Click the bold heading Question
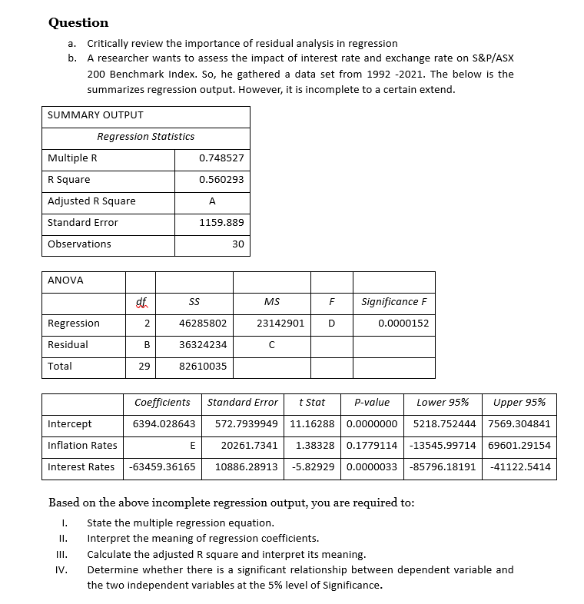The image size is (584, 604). [x=78, y=22]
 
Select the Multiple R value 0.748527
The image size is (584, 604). [x=221, y=158]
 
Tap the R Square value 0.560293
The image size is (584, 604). [x=221, y=180]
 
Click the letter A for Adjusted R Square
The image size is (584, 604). [x=212, y=201]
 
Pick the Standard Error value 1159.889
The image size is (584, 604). [x=221, y=223]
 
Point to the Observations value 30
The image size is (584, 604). [x=237, y=244]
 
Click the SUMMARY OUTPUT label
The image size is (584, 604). [x=95, y=115]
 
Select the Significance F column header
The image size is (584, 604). [x=393, y=302]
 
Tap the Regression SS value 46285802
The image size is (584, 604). [x=203, y=324]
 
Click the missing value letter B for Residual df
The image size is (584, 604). [x=146, y=345]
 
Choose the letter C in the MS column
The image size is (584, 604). [x=272, y=345]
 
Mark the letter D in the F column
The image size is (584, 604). [x=331, y=324]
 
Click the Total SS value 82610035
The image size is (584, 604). [x=203, y=367]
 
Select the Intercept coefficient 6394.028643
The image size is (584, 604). [x=164, y=424]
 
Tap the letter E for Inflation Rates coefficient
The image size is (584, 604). [x=191, y=446]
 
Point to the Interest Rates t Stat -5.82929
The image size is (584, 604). [x=315, y=467]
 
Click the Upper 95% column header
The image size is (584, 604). [x=519, y=403]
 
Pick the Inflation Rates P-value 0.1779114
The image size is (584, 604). [x=372, y=446]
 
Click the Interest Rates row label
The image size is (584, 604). [x=81, y=467]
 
